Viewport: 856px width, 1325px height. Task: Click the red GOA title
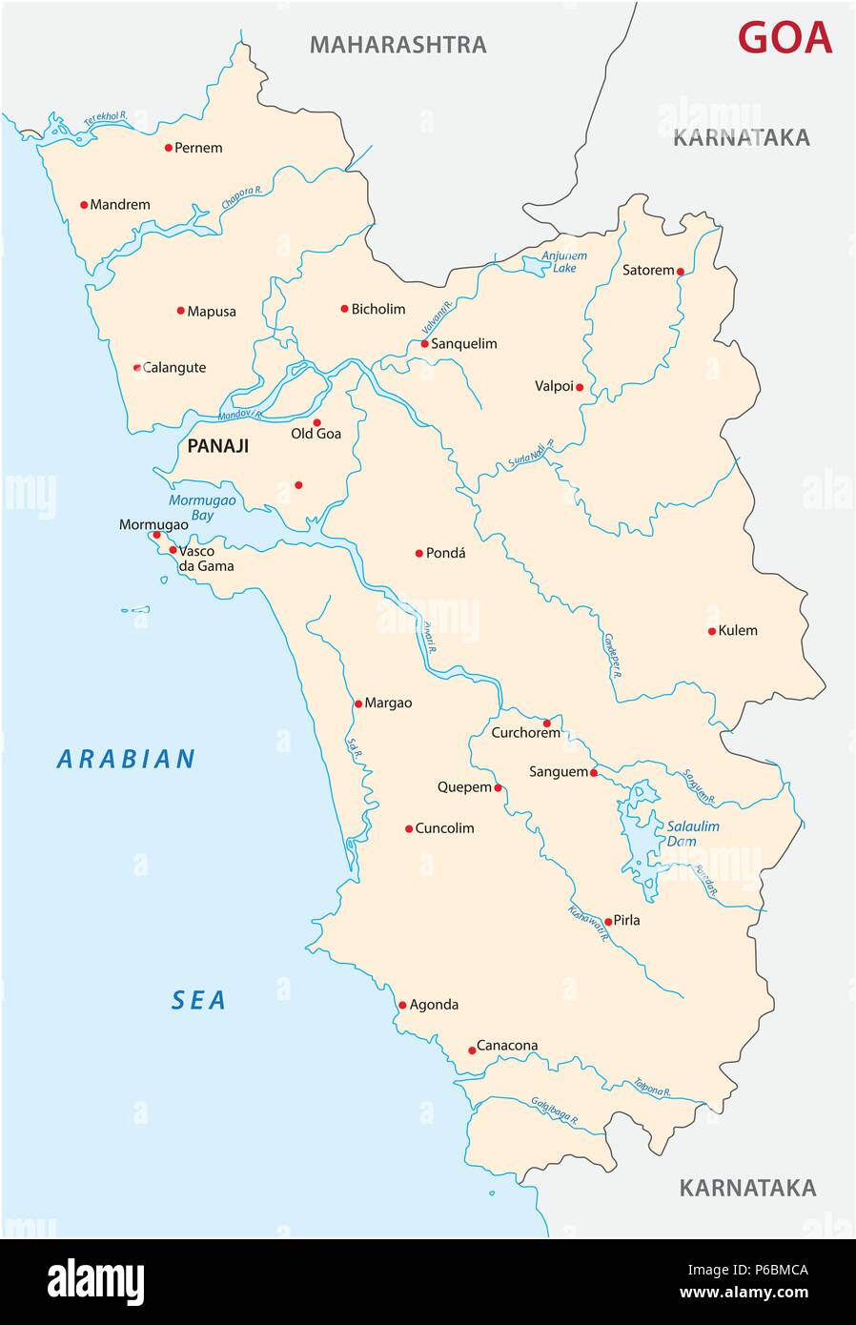(x=785, y=38)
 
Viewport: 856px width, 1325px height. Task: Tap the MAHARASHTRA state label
(x=397, y=45)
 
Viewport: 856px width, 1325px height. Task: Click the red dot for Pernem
(x=169, y=148)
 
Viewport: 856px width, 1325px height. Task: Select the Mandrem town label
(x=119, y=205)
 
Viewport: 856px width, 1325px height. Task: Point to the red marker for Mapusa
(x=180, y=311)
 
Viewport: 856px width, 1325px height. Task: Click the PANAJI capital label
(x=218, y=446)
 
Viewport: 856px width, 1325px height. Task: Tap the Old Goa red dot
(x=317, y=422)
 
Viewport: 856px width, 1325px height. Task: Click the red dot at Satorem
(x=681, y=272)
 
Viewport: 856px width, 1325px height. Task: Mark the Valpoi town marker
(x=580, y=387)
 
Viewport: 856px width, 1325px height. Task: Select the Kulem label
(x=738, y=631)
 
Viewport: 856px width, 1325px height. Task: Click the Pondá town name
(x=446, y=553)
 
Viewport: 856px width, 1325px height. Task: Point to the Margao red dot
(x=358, y=703)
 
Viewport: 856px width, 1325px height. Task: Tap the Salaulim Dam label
(x=693, y=834)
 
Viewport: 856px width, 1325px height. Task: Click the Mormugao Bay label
(x=202, y=507)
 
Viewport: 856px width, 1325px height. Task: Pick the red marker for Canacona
(x=472, y=1050)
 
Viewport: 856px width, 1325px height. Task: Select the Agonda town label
(x=434, y=1005)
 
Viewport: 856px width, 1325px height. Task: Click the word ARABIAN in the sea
(x=127, y=760)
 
